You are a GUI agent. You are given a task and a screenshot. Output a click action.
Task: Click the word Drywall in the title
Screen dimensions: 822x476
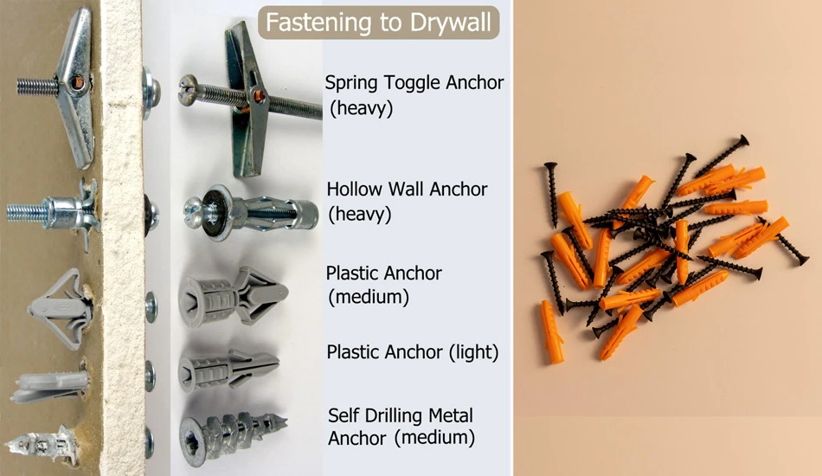(x=450, y=23)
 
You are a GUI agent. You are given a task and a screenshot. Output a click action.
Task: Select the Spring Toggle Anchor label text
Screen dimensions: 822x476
(x=414, y=95)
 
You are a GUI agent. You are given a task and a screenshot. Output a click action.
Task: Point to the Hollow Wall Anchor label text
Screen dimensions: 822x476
(x=408, y=202)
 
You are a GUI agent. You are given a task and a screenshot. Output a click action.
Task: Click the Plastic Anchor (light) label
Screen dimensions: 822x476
(x=412, y=352)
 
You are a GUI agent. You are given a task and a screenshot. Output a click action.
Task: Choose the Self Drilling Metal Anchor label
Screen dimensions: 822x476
(x=401, y=426)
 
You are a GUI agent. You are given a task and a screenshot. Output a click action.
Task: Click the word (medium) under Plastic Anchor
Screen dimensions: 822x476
(x=369, y=297)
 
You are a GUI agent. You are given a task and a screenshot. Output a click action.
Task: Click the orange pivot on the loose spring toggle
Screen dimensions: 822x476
(x=259, y=96)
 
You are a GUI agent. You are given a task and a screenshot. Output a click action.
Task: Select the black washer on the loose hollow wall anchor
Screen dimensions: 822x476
(x=213, y=212)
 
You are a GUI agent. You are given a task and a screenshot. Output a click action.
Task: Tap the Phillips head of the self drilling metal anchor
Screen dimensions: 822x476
(x=193, y=441)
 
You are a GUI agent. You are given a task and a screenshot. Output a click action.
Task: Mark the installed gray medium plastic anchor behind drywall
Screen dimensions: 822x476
(x=61, y=309)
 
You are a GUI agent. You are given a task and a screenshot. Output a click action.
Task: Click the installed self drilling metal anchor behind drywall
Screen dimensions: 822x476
(x=42, y=446)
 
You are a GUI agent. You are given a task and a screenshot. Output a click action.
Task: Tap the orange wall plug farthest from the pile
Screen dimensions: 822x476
(x=552, y=331)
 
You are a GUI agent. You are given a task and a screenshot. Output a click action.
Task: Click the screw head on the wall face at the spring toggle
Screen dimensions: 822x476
(x=151, y=93)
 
